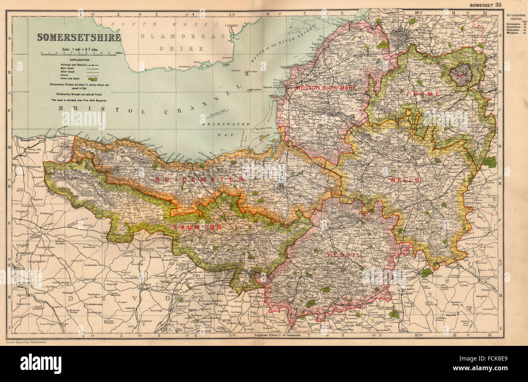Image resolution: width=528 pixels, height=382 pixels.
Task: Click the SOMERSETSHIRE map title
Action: (x=79, y=37)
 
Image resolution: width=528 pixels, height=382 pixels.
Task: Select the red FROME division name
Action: (x=423, y=94)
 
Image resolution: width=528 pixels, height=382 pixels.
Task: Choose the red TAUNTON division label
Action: (x=197, y=228)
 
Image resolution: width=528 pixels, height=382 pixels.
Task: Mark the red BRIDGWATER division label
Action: (x=199, y=179)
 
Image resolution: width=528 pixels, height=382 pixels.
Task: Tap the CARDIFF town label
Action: (x=231, y=25)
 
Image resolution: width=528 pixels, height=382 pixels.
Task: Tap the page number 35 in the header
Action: (x=498, y=4)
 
